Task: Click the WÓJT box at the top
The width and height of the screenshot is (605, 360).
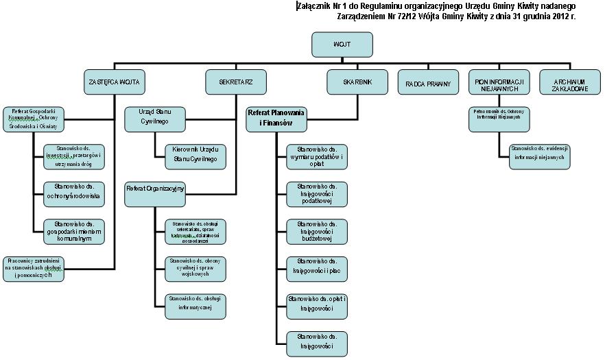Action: tap(342, 45)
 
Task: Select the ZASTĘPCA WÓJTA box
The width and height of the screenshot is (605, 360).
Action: tap(114, 82)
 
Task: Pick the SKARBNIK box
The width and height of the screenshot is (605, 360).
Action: tap(357, 82)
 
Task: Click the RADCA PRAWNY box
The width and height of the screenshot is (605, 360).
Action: tap(427, 83)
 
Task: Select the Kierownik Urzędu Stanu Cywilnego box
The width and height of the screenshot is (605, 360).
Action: tap(195, 154)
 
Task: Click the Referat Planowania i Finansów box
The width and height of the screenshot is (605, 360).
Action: tap(277, 117)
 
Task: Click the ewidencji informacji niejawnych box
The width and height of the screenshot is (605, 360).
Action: tap(539, 156)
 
